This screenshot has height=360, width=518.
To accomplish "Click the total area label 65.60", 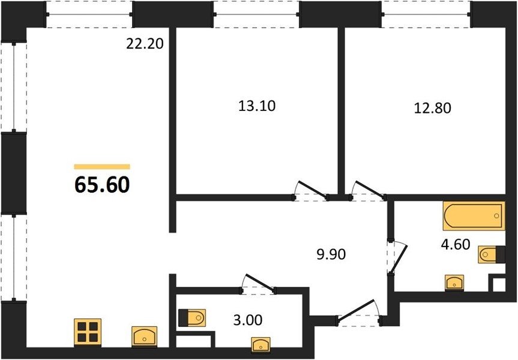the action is [x=102, y=185].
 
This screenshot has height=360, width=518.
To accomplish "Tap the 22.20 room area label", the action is [x=145, y=44].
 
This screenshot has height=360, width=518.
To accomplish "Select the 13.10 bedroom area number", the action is [x=257, y=106].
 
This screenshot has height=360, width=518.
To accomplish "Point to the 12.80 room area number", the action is [x=432, y=108].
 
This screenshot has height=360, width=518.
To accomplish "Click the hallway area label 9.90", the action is [x=331, y=254].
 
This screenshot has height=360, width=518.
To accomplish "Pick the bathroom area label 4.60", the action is [x=455, y=244].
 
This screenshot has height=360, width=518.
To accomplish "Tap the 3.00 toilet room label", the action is [x=248, y=320].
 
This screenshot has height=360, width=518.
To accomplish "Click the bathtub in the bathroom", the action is [x=474, y=215].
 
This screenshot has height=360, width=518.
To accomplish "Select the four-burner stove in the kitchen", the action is [x=88, y=332].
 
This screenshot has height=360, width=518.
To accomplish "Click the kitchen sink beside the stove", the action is [x=145, y=337].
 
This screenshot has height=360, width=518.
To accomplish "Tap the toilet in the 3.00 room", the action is [x=192, y=318].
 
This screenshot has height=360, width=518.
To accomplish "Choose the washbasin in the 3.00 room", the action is [x=261, y=345].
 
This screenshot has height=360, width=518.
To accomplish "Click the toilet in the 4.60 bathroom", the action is [x=492, y=254].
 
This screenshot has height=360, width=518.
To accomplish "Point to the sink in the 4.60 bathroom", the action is [x=454, y=283].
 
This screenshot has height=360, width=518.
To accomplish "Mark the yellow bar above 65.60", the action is [x=102, y=166].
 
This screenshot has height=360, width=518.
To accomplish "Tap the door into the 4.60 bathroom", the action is [x=397, y=257].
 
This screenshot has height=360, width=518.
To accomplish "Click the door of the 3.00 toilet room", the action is [x=258, y=284].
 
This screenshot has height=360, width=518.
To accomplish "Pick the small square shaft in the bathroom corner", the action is [x=499, y=284].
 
